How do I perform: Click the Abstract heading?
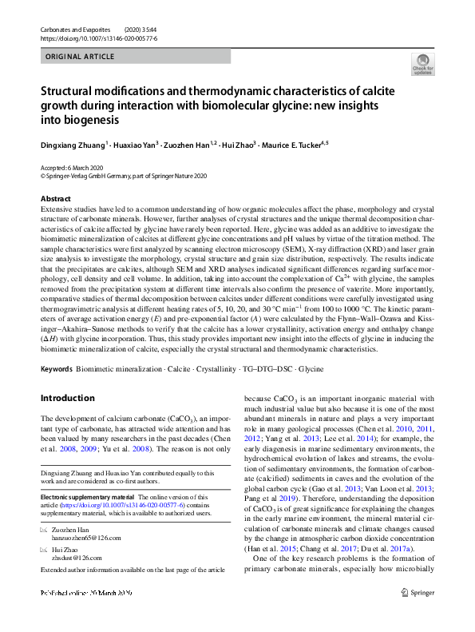click(55, 198)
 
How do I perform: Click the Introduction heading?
click(67, 398)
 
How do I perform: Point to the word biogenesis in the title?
click(83, 121)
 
